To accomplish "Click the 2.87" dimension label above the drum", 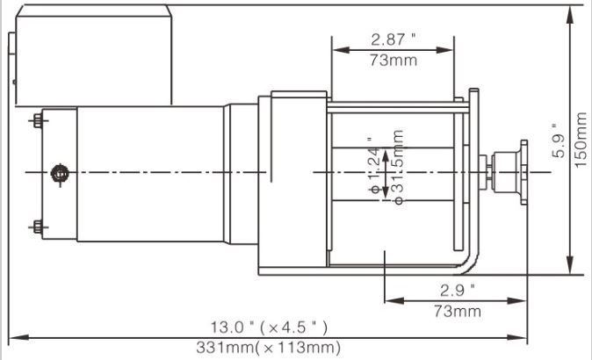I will click(x=393, y=40).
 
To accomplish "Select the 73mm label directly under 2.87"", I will click(x=393, y=60).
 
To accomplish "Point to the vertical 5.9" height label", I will click(x=557, y=140).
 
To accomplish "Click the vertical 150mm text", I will click(x=580, y=139).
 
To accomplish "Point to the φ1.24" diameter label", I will click(x=375, y=168).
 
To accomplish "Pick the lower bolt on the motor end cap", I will click(x=38, y=227).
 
